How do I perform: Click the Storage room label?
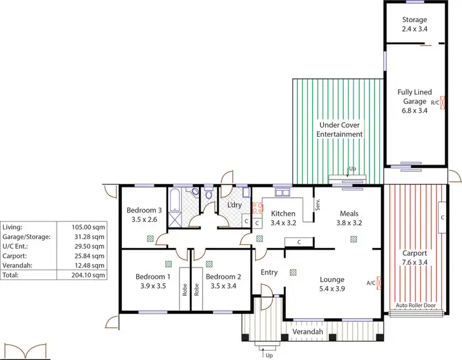point(414,20)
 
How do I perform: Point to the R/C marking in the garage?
point(435,102)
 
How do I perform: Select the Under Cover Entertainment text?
point(339,129)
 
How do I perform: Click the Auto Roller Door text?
point(416,306)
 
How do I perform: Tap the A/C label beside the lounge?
point(370,283)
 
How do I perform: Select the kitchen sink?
point(283,193)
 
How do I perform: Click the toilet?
point(209,194)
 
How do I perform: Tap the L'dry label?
point(234,205)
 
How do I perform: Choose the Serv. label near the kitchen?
point(317,204)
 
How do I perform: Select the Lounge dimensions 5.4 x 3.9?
point(332,288)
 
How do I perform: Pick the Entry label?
point(269,272)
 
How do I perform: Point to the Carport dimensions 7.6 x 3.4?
point(414,262)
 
